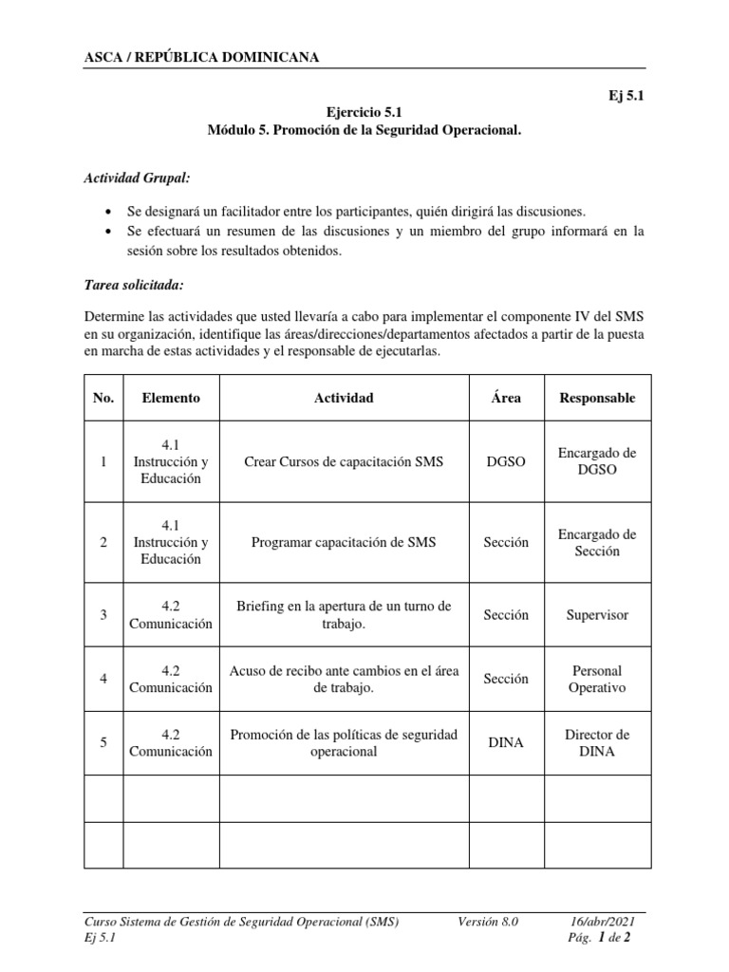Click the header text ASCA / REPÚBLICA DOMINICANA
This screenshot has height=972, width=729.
pos(202,57)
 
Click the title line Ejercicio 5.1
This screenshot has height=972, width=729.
pos(364,112)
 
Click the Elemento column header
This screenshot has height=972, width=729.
pos(171,398)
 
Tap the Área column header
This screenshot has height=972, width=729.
pos(506,398)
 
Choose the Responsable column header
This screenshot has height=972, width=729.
pos(597,398)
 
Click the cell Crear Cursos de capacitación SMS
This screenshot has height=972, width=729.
pos(344,462)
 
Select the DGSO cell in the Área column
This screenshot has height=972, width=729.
pos(506,462)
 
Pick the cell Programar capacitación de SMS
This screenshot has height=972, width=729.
pos(344,543)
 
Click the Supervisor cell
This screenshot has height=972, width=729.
pos(597,615)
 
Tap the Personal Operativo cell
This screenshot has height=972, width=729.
pos(597,679)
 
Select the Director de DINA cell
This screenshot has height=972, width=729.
pos(597,742)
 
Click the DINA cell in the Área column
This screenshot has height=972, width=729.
pos(506,742)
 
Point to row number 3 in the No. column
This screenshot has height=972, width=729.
pos(103,615)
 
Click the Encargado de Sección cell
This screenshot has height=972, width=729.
pos(597,543)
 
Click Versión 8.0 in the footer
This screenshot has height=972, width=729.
pos(489,922)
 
